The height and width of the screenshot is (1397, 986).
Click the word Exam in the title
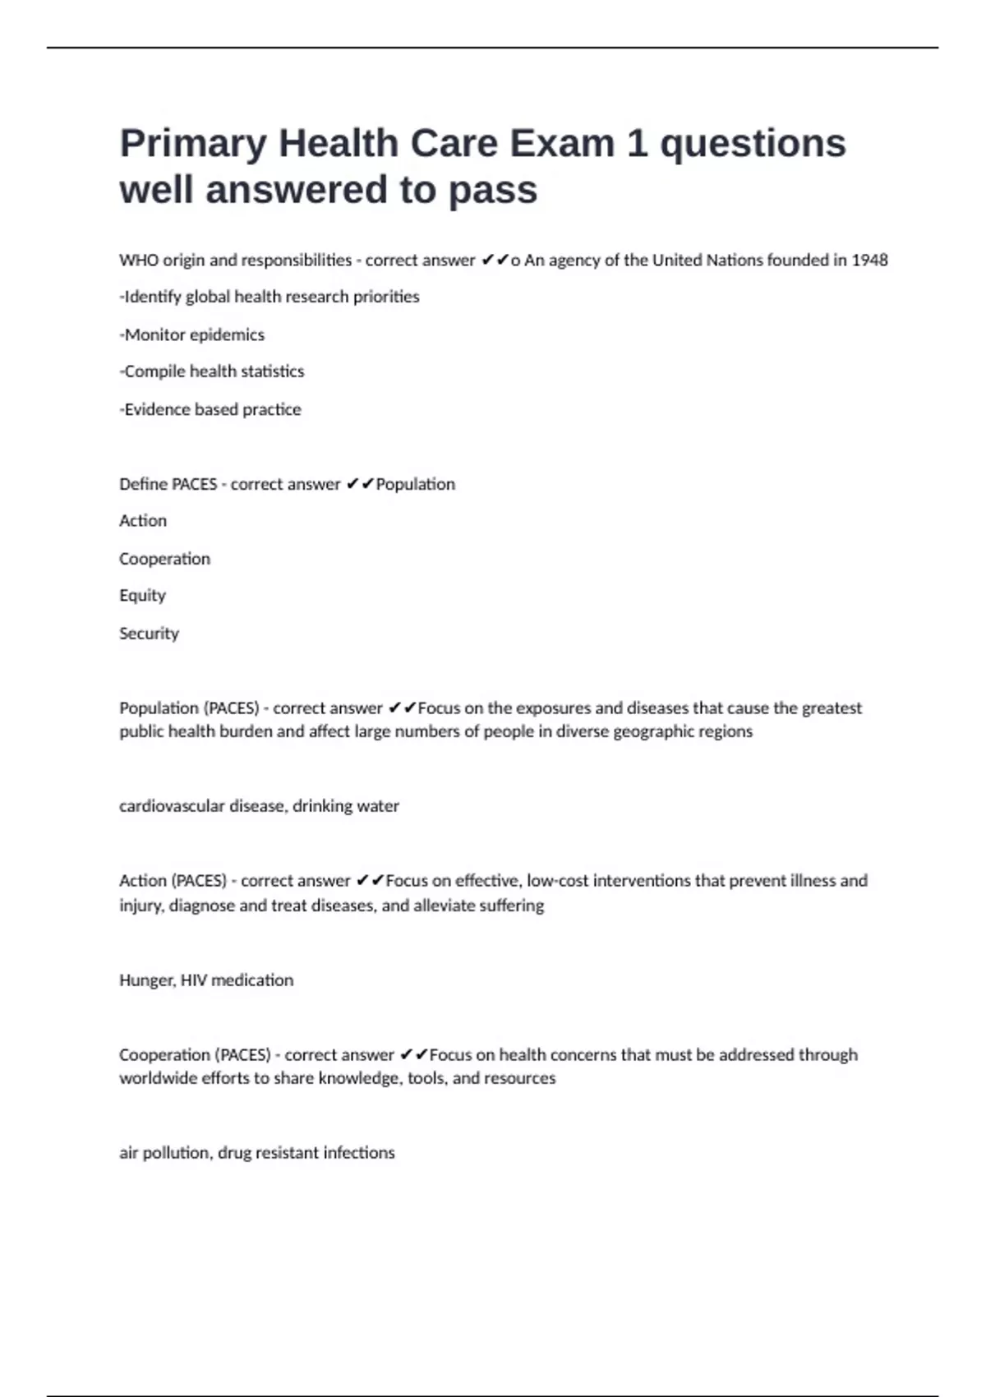pos(562,144)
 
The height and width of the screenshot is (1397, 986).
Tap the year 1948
pos(869,260)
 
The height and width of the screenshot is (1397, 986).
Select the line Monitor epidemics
pos(193,334)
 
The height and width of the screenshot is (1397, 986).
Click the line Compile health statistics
pos(213,371)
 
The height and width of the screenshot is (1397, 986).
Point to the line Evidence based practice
pos(211,409)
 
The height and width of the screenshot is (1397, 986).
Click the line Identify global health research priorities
pos(270,297)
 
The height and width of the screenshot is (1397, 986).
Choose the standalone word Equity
pos(142,595)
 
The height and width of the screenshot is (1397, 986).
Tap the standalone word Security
pos(149,633)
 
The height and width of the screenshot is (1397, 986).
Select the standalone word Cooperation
pos(164,559)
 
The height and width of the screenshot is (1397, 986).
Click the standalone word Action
pos(143,521)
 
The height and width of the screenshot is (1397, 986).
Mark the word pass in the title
pos(493,191)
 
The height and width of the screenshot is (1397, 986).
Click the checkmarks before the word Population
pos(360,484)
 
